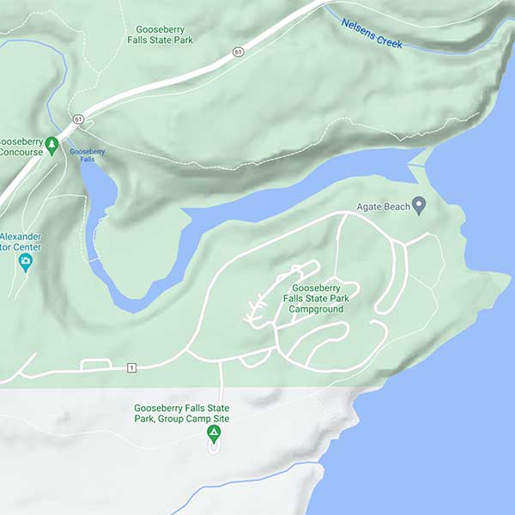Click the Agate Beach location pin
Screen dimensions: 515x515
click(419, 205)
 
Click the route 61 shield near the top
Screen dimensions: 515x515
click(237, 53)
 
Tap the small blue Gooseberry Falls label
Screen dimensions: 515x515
click(88, 154)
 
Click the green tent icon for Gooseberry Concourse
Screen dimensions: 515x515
click(51, 143)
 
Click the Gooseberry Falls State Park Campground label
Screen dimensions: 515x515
click(316, 298)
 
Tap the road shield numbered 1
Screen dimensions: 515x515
click(131, 367)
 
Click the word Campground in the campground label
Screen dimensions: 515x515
click(316, 308)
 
